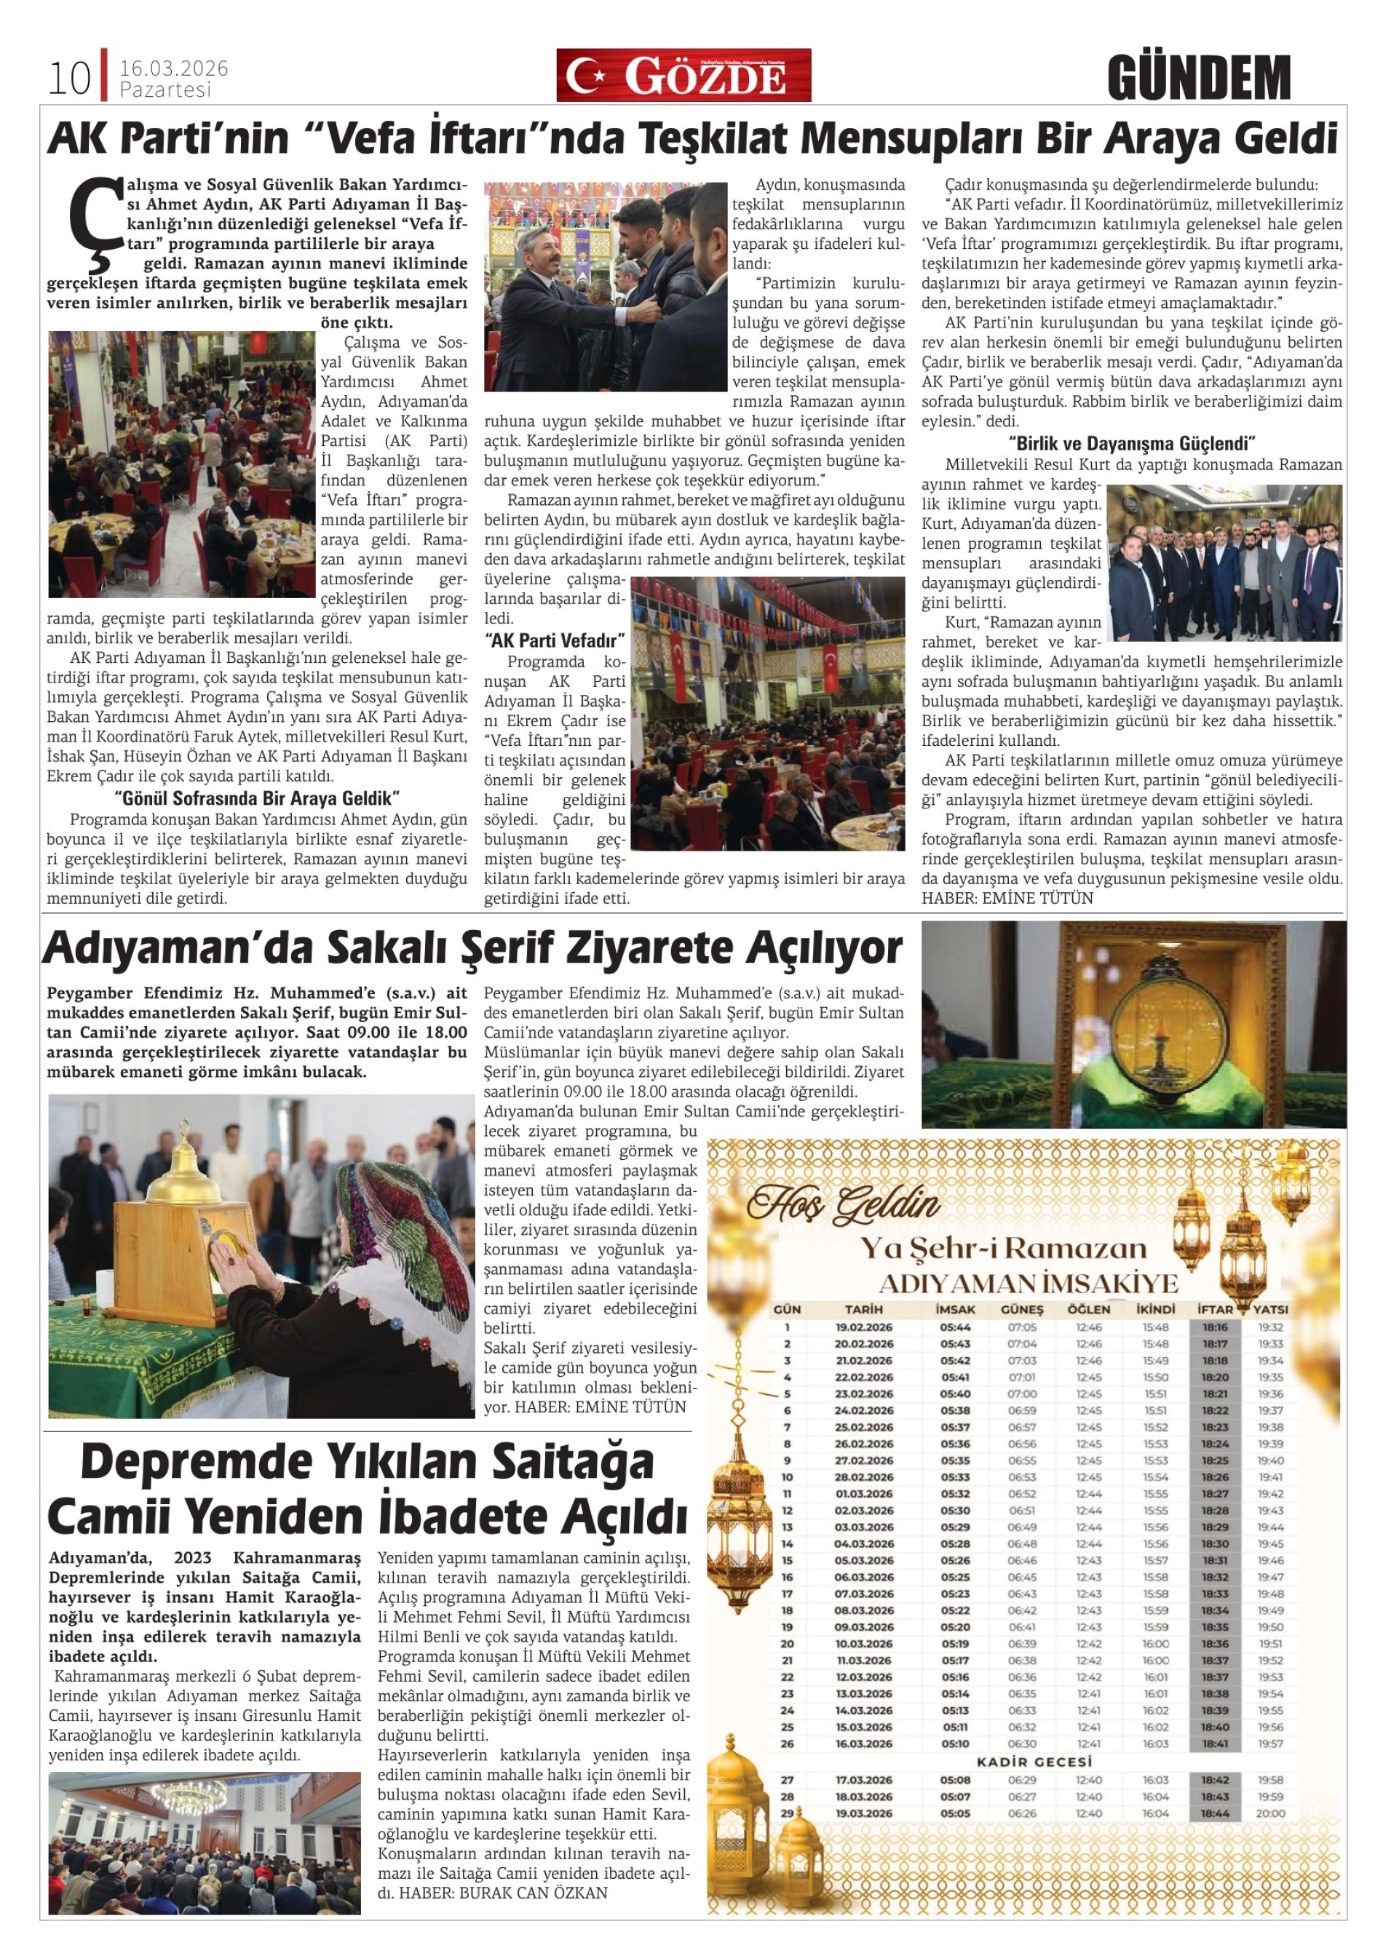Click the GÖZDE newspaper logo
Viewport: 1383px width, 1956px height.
coord(683,76)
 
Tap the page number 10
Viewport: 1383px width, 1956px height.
coord(68,79)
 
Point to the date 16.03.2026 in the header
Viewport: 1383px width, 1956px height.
coord(173,68)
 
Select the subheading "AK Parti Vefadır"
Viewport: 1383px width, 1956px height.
coord(555,640)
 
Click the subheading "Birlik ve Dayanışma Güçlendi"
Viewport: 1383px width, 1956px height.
coord(1133,444)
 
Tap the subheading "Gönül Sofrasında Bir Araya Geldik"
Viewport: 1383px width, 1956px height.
coord(258,798)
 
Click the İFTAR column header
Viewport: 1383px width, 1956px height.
coord(1215,1308)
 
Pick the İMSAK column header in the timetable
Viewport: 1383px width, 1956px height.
coord(955,1308)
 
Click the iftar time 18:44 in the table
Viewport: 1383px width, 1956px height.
coord(1215,1812)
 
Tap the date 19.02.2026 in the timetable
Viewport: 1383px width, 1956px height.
coord(863,1327)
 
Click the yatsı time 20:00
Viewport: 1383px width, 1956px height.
coord(1269,1812)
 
